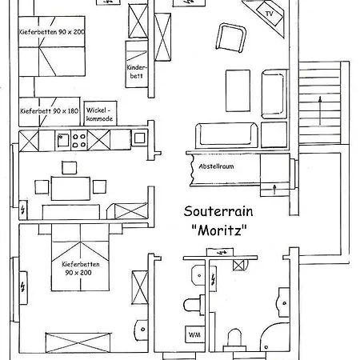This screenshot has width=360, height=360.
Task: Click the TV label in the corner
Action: [x=270, y=14]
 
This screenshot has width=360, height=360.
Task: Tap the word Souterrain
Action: [x=218, y=211]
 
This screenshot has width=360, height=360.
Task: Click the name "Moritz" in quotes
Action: [x=219, y=230]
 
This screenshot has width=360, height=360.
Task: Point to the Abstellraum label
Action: [x=216, y=166]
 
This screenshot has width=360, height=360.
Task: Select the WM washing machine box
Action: [x=194, y=334]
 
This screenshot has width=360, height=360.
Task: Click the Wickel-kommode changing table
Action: [x=100, y=114]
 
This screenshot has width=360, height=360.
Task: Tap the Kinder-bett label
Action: [x=137, y=72]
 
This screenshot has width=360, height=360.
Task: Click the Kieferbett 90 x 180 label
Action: [x=49, y=111]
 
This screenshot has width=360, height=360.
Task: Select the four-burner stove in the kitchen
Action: [x=79, y=141]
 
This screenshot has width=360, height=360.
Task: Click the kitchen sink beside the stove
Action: [x=63, y=140]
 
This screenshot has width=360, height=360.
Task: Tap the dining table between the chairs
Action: [x=70, y=188]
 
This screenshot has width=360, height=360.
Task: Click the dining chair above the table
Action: [x=70, y=168]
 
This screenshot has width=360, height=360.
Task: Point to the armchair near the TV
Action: [x=231, y=38]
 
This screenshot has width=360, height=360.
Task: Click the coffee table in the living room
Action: [x=238, y=90]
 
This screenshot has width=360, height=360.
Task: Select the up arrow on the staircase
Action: [x=320, y=111]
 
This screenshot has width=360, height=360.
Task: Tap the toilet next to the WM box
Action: [x=194, y=305]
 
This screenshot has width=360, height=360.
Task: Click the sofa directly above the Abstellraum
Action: [x=226, y=135]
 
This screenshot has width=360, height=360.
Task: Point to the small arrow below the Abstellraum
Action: [x=274, y=189]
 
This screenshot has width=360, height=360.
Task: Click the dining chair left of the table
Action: [x=42, y=187]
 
